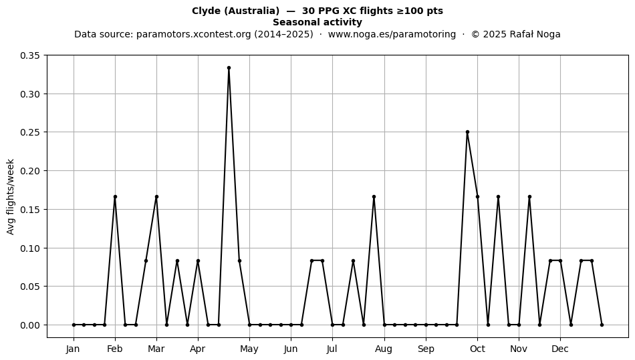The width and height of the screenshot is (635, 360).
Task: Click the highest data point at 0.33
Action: pyautogui.click(x=229, y=68)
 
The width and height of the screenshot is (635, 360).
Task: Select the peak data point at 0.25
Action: pyautogui.click(x=467, y=132)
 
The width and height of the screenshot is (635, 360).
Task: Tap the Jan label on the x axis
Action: pyautogui.click(x=74, y=349)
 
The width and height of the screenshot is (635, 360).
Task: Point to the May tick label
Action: pyautogui.click(x=249, y=349)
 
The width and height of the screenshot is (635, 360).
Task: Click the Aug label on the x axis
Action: pyautogui.click(x=384, y=349)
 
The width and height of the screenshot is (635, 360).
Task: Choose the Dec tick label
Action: pyautogui.click(x=561, y=349)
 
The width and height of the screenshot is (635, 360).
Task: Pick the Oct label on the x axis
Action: pyautogui.click(x=477, y=349)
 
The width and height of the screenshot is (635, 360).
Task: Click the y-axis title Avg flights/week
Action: pyautogui.click(x=11, y=196)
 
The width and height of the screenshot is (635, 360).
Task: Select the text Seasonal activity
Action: pyautogui.click(x=317, y=22)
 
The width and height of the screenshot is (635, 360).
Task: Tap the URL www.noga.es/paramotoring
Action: pyautogui.click(x=392, y=34)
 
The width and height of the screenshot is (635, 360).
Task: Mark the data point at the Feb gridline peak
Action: pyautogui.click(x=115, y=196)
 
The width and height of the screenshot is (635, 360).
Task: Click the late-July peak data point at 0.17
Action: pyautogui.click(x=374, y=196)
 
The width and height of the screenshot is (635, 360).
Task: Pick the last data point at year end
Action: pyautogui.click(x=602, y=325)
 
